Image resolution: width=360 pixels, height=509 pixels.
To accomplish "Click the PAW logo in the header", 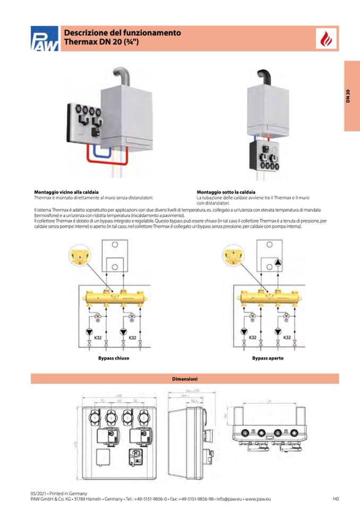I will click(x=44, y=39).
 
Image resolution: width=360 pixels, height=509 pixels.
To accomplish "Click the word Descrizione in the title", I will click(x=83, y=33).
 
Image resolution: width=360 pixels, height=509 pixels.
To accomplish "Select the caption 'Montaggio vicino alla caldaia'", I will click(x=66, y=192).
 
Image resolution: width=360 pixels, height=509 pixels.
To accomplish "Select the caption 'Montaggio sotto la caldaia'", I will click(x=226, y=192).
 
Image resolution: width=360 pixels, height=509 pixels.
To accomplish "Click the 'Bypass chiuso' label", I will click(x=114, y=358).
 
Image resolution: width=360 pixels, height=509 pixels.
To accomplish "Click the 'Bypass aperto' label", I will click(x=268, y=358).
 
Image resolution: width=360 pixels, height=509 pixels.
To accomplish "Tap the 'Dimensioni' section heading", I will click(x=185, y=379).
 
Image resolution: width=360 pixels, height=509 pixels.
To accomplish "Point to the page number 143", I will click(x=336, y=499).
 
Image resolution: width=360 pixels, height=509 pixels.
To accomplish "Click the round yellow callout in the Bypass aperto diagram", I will click(x=233, y=256).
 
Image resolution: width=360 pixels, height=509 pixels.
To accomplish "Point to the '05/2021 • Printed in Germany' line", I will click(x=58, y=493).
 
